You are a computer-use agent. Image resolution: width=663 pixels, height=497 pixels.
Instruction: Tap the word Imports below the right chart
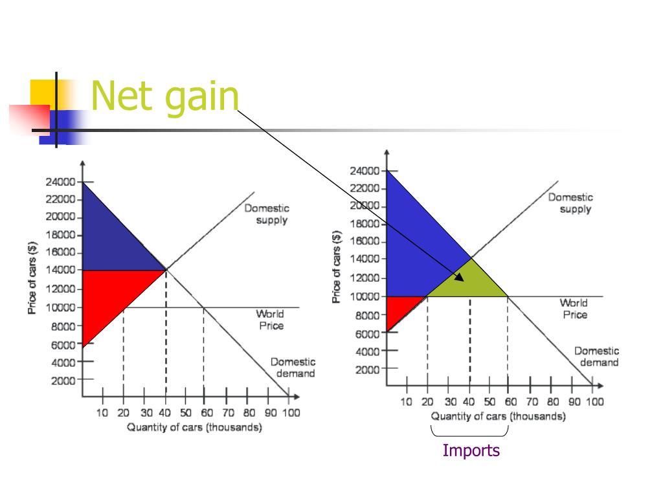pos(471,450)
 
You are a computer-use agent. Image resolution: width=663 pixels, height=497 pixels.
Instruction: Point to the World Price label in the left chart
pos(271,320)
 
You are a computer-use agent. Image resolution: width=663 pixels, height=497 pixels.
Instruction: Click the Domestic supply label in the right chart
pos(570,203)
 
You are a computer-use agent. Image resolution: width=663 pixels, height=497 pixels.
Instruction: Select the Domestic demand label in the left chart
pos(293,368)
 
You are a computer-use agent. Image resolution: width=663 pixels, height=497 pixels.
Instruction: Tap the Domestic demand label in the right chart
pos(596,357)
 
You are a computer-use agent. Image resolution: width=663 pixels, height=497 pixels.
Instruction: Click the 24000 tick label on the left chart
pos(60,182)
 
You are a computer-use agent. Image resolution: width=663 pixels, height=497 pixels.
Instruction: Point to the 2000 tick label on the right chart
pos(366,369)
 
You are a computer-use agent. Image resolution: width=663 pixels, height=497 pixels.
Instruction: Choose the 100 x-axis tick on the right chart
pos(594,402)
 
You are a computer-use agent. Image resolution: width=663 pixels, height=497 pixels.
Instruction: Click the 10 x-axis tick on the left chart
pos(102,413)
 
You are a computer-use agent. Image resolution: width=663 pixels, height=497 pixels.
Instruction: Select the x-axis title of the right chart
pos(498,416)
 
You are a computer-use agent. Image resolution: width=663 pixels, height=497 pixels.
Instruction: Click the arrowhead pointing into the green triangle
pos(460,278)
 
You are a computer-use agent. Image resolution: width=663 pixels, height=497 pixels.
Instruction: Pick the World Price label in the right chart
pos(574,309)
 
